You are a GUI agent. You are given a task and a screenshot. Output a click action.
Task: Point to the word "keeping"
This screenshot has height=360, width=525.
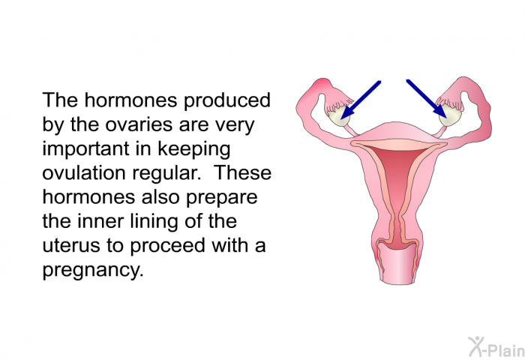193,149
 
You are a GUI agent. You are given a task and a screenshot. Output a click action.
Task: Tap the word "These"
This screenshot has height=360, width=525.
242,172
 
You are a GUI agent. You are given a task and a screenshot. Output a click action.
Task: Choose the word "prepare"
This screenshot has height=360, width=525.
222,198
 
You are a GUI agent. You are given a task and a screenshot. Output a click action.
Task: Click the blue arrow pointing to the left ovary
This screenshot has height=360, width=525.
360,100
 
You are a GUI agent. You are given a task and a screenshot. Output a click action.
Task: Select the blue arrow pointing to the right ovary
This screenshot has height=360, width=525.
427,99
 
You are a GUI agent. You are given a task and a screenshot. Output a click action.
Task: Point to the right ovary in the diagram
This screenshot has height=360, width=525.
448,117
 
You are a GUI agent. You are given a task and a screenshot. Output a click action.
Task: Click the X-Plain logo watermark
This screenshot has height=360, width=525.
496,346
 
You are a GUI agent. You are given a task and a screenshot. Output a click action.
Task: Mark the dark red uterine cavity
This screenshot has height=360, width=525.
397,187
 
